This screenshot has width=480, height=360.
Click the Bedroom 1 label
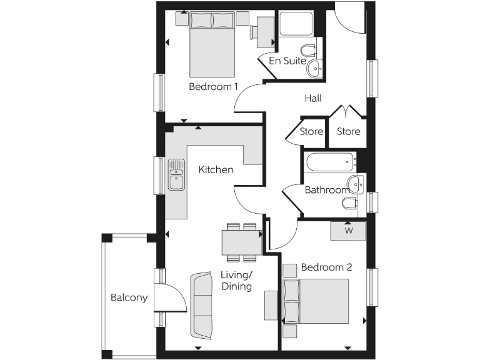(x=213, y=87)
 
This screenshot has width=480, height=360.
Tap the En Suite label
(x=287, y=61)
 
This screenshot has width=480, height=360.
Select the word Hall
(x=313, y=98)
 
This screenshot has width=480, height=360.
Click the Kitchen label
(x=216, y=169)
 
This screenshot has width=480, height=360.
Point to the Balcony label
(x=129, y=297)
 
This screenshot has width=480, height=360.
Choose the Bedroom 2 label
(x=326, y=267)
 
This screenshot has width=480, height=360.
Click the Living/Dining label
(x=236, y=281)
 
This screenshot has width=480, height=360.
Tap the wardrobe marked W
(x=348, y=231)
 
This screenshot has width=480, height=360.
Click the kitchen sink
(x=176, y=174)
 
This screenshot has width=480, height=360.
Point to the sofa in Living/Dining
(x=202, y=304)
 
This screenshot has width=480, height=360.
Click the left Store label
(x=311, y=131)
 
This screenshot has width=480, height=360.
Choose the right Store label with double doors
(x=348, y=131)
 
